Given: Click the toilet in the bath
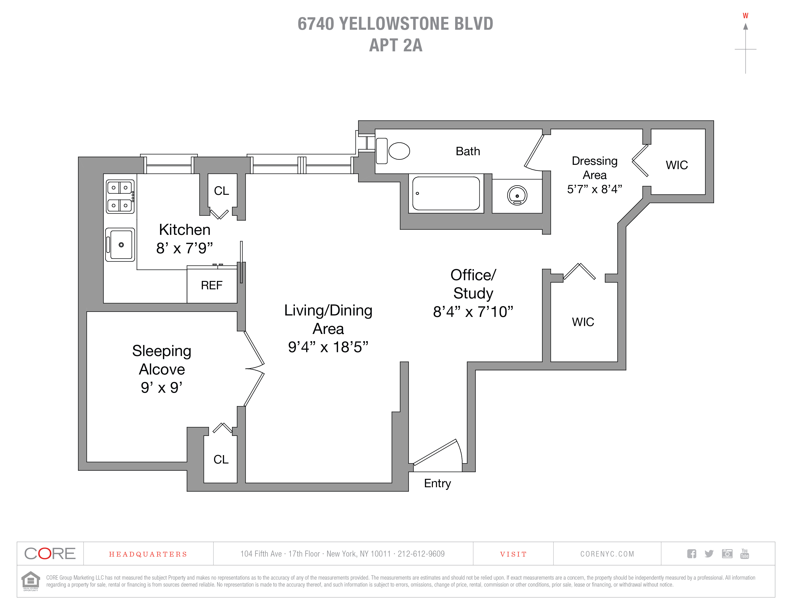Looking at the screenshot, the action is (394, 151).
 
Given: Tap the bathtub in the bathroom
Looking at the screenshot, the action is (446, 193).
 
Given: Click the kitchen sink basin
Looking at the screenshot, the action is (121, 245).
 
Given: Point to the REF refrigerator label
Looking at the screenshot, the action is (212, 285).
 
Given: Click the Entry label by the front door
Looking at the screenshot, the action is (437, 483).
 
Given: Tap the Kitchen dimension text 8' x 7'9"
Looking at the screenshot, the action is (185, 248).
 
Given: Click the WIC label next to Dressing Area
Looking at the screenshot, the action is (677, 165).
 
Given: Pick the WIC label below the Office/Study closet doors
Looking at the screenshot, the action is (583, 322).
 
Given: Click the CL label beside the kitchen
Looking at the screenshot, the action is (221, 191).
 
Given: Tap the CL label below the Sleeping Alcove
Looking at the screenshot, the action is (221, 459).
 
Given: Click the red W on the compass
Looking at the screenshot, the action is (745, 16).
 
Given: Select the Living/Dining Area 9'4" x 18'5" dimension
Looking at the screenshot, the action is (328, 347).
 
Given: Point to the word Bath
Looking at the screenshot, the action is (468, 151).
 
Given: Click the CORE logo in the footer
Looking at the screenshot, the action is (50, 554).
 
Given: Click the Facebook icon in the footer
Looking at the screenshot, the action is (691, 554).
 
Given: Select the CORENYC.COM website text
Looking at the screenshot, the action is (607, 554).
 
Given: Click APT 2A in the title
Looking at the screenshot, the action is (396, 45).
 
